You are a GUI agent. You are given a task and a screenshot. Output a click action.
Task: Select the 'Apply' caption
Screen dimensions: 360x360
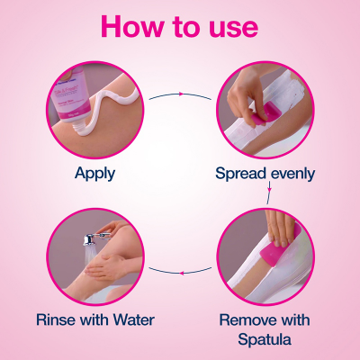click(97, 171)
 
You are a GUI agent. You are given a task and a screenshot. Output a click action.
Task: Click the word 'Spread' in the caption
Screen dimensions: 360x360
click(241, 172)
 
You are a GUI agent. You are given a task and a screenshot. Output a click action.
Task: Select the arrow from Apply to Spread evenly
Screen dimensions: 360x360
click(180, 94)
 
